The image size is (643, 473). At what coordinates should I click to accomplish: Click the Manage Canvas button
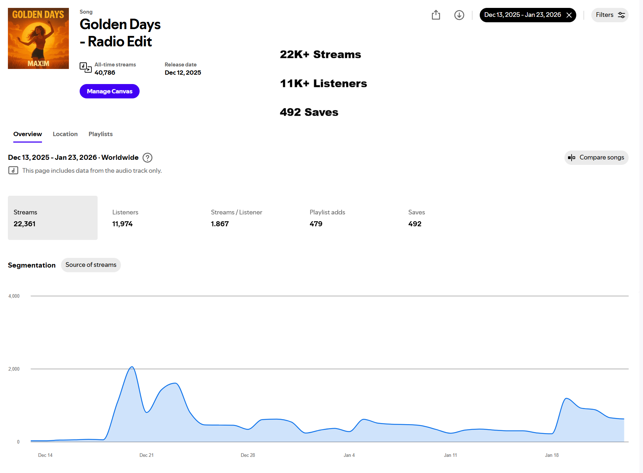(x=109, y=91)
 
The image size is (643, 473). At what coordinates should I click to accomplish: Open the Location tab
(x=65, y=134)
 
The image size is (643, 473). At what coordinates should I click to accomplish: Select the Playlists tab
(x=100, y=134)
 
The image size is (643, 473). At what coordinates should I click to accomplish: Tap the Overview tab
(x=28, y=134)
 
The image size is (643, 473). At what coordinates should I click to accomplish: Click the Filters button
(x=610, y=15)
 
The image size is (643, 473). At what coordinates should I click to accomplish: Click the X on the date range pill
(x=569, y=15)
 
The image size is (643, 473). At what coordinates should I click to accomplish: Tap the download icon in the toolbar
(x=459, y=15)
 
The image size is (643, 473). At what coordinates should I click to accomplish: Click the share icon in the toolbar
(x=436, y=15)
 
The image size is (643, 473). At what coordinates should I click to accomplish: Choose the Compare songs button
(x=596, y=158)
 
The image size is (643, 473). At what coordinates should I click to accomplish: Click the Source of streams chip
(x=91, y=265)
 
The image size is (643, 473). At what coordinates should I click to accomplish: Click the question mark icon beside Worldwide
(x=147, y=158)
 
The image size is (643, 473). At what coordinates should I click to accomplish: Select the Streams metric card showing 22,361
(x=53, y=218)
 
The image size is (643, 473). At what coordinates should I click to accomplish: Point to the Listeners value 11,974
(x=122, y=224)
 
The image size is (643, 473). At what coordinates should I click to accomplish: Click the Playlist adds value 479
(x=316, y=224)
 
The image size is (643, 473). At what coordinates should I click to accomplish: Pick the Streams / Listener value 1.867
(x=220, y=224)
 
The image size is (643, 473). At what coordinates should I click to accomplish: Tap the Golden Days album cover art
(x=38, y=38)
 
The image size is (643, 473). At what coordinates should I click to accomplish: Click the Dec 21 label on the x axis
(x=146, y=455)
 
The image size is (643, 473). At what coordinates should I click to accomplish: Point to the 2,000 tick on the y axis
(x=14, y=369)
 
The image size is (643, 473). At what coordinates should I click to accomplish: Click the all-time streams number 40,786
(x=105, y=73)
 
